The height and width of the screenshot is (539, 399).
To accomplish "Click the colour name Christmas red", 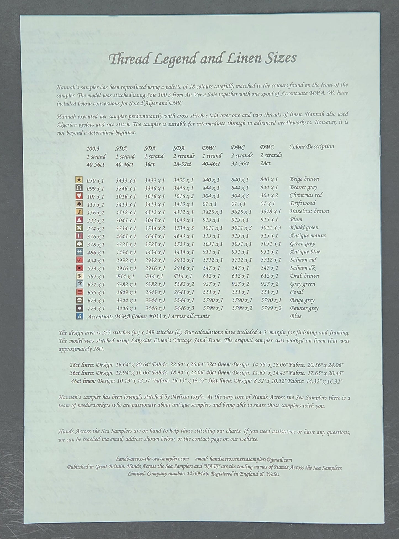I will pos(306,195).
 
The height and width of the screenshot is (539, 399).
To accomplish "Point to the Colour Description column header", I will pos(311,147).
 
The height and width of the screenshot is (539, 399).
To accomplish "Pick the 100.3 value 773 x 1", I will pos(95,309).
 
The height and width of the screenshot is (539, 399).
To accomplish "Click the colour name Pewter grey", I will pos(304,309).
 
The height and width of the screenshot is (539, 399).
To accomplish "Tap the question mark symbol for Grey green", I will pos(79,284).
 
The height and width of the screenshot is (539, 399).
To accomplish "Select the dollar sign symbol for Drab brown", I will pos(79,276).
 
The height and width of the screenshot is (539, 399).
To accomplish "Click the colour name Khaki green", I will pos(304,228).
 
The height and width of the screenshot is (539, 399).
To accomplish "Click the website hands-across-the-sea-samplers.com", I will pos(153,459).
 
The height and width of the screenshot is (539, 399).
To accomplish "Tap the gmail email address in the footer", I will pos(251,460).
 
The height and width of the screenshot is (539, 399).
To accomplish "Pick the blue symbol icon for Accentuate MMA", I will pos(79,317).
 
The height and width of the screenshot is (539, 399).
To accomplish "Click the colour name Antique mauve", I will pos(307,236).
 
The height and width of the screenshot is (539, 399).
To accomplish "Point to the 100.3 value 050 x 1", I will pos(95,181).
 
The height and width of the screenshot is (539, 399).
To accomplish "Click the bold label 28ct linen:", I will pos(82,365).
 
